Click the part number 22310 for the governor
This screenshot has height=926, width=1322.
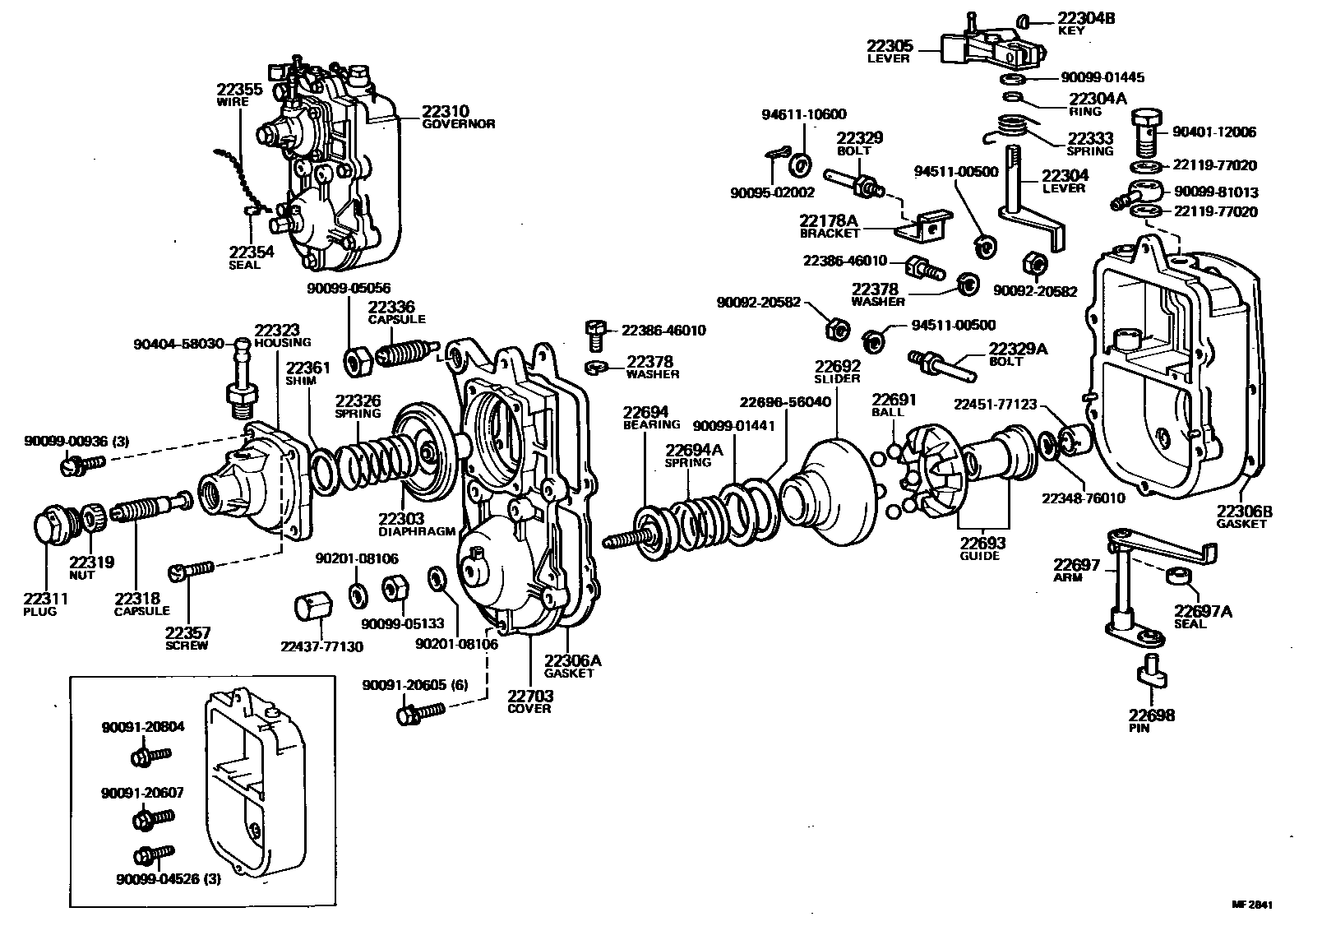(x=446, y=111)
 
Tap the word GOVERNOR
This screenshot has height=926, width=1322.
(x=459, y=124)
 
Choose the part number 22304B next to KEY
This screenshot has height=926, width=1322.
(x=1086, y=18)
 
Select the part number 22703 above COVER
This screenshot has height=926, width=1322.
(x=530, y=696)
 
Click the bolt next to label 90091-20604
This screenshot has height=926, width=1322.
(x=149, y=754)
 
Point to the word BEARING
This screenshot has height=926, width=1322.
(x=651, y=424)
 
